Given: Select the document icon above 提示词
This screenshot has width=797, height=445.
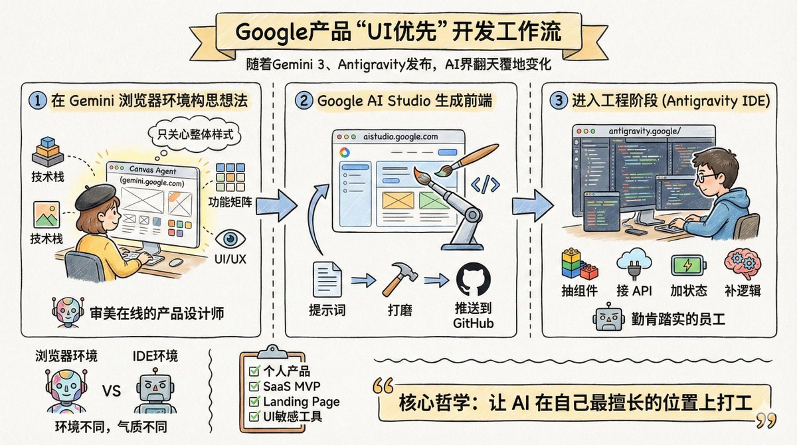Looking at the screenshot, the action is coord(327,280).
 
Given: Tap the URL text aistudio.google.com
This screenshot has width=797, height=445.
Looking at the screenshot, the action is coord(401,136).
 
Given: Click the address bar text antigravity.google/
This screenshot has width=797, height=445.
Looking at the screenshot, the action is coord(644,131).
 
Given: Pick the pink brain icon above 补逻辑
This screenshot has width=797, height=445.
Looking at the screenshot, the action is coord(741,264).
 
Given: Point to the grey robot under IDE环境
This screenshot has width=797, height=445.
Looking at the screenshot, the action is coord(153,391).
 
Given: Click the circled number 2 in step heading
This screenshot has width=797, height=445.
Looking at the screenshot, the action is coord(304,102).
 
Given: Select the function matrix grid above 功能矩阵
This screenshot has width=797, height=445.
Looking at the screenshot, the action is coord(230,179).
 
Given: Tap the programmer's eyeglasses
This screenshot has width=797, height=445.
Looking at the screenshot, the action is coord(706,177).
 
